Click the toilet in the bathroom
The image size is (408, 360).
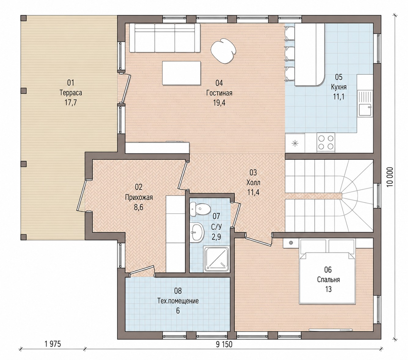200,209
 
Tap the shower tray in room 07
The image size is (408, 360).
216,259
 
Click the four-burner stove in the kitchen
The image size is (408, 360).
325,142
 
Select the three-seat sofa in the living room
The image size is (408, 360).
164,38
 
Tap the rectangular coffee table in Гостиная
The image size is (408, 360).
182,73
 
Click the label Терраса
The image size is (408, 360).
71,93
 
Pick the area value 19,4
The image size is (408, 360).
219,103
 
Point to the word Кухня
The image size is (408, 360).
339,87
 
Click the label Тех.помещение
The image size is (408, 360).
178,301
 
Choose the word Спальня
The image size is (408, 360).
328,280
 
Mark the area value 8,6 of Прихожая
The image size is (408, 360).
138,207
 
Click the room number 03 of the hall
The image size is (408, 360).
253,173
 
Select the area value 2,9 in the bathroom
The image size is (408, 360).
216,237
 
